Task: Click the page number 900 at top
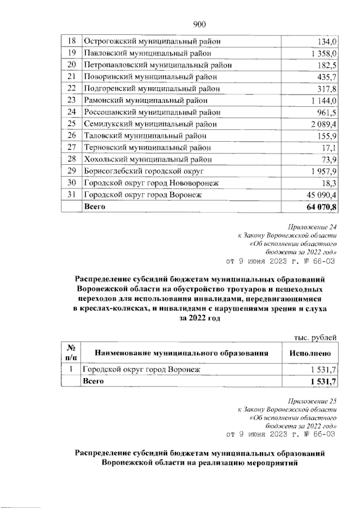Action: (201, 24)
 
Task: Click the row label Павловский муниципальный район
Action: (148, 53)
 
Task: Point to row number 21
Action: (71, 77)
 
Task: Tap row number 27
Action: (71, 147)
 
